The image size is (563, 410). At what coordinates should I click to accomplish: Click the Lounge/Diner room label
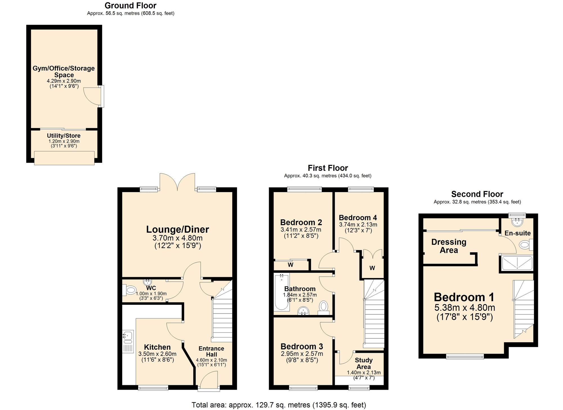(177, 229)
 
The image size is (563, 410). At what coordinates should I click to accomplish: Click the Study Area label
(363, 363)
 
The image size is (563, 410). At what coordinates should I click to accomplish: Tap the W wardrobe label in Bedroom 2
(291, 265)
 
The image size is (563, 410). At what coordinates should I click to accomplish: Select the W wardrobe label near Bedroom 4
(372, 268)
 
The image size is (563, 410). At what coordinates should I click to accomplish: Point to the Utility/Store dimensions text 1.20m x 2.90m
(64, 141)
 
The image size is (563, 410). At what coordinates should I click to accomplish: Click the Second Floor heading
(477, 194)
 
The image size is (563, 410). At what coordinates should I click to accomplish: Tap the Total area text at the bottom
(279, 405)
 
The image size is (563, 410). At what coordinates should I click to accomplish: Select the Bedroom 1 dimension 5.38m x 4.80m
(464, 308)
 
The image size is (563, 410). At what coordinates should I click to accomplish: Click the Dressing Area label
(449, 246)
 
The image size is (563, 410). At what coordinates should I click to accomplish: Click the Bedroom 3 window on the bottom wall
(303, 388)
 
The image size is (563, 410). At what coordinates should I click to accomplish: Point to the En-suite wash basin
(517, 222)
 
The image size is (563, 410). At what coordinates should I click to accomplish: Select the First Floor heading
(328, 168)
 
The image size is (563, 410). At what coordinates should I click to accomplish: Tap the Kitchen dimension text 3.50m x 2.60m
(157, 354)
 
